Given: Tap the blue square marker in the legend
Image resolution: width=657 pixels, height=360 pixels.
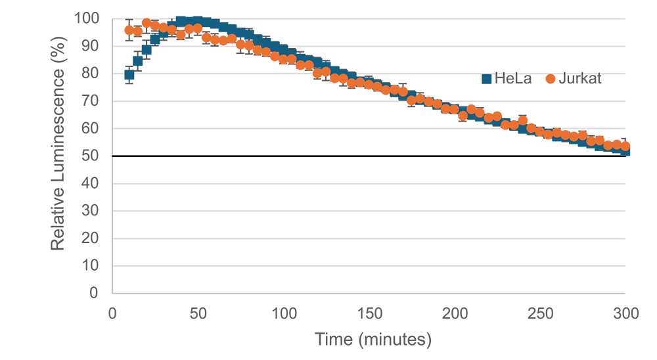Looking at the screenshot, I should click(487, 79).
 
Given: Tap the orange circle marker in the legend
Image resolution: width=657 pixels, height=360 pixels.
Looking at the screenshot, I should click(550, 79).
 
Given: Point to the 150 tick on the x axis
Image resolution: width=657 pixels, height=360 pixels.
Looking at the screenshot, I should click(369, 314).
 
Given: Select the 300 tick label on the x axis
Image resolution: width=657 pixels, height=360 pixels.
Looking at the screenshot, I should click(626, 314).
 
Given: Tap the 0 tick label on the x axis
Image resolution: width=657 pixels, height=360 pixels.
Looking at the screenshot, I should click(112, 314).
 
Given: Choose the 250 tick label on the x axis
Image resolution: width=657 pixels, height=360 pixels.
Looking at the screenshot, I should click(541, 314).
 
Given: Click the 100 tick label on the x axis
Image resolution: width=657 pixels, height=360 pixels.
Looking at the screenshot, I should click(284, 314).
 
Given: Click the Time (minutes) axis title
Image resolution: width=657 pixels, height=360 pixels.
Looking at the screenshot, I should click(373, 340).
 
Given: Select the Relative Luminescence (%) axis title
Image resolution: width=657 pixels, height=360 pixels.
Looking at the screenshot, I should click(58, 156).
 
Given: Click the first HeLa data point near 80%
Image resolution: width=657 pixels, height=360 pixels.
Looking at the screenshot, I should click(129, 75).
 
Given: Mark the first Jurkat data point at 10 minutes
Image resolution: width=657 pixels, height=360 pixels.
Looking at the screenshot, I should click(129, 30).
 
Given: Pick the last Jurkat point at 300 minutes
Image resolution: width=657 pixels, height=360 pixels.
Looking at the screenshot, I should click(625, 146).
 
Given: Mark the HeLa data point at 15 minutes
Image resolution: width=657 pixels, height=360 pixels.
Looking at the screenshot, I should click(138, 61).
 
